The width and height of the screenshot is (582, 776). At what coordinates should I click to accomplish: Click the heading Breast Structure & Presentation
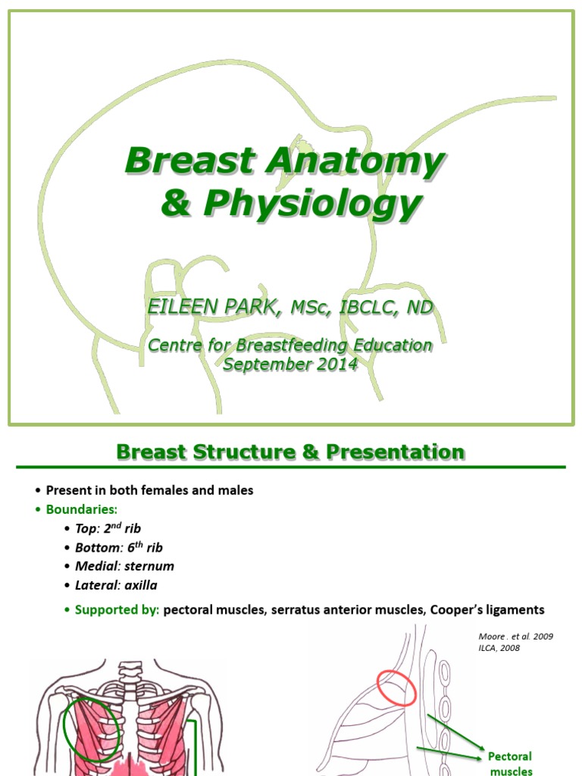pos(290,452)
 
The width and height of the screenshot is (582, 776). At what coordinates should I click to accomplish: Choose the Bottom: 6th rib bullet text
pos(120,547)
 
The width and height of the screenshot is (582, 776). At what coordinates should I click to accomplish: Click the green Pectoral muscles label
pos(509,763)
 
